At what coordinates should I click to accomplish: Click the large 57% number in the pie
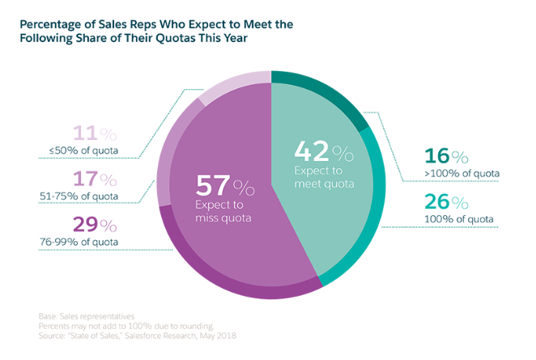click(x=223, y=187)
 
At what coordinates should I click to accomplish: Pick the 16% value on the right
click(x=446, y=156)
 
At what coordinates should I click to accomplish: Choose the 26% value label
click(x=446, y=201)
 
